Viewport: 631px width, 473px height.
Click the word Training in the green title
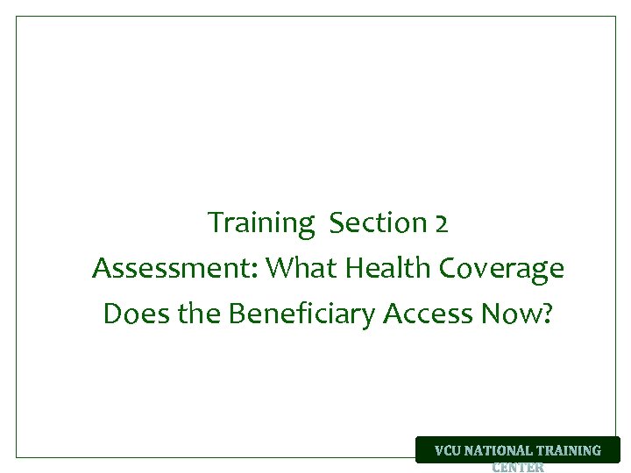click(x=260, y=224)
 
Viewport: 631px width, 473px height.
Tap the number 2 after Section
click(x=441, y=224)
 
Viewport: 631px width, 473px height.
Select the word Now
click(x=511, y=314)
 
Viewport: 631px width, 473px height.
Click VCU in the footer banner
click(x=448, y=451)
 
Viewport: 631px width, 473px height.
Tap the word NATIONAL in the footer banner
click(x=498, y=451)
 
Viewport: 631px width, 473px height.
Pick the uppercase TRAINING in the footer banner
click(x=568, y=451)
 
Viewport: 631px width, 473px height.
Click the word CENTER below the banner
click(x=518, y=468)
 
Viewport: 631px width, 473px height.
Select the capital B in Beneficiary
click(x=237, y=314)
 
